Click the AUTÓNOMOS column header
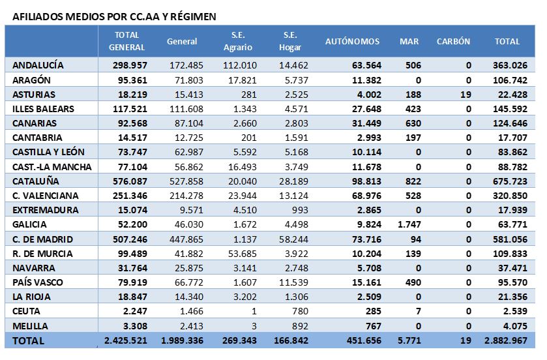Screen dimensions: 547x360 [352, 42]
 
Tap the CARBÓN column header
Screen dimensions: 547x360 [453, 42]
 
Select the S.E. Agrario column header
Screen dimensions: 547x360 [238, 41]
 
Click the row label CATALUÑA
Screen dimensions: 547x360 [36, 181]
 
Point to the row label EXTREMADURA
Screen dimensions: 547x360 [46, 210]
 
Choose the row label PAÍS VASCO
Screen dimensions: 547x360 [38, 282]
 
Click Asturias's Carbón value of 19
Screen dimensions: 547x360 [466, 95]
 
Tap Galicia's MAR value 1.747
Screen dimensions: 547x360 [409, 224]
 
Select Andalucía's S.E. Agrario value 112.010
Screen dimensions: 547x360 [240, 65]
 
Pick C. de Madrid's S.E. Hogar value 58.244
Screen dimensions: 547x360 [294, 239]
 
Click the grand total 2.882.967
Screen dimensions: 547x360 [506, 340]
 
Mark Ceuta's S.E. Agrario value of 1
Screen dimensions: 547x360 [254, 311]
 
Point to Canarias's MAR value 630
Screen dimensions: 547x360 [413, 123]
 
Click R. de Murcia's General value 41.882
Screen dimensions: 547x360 [188, 254]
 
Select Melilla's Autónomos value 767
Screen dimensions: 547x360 [374, 326]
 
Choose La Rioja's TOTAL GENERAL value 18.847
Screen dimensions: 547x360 [132, 297]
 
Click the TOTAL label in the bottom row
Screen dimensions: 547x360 [28, 341]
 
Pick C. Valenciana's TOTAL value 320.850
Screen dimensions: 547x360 [510, 196]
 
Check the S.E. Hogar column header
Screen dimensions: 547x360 [290, 41]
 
